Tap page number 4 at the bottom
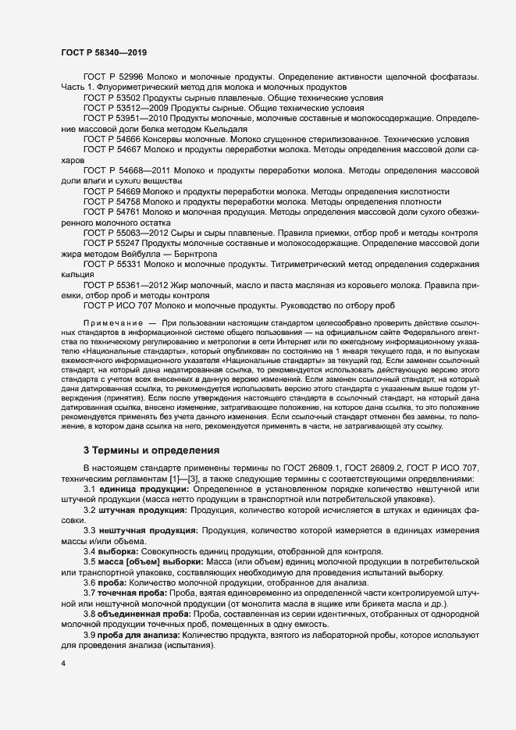pos(63,664)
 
